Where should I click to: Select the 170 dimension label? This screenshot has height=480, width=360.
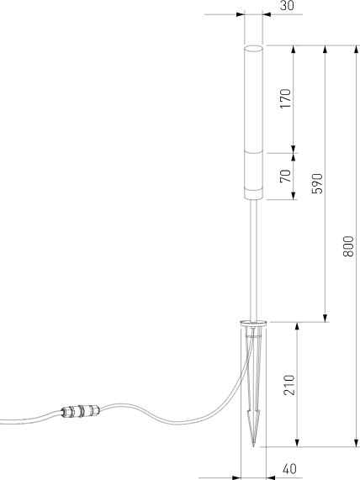tap(285, 98)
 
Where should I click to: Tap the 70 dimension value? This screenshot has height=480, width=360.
tap(285, 176)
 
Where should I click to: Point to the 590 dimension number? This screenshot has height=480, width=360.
tap(317, 184)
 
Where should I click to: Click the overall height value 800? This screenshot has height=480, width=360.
tap(349, 245)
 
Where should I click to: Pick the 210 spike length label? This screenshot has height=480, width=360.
tap(288, 384)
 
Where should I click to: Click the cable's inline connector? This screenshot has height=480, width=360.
tap(80, 412)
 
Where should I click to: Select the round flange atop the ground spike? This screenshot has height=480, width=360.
tap(253, 322)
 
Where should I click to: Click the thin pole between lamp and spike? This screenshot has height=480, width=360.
tap(253, 261)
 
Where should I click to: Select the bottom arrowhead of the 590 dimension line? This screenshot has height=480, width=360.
tap(325, 317)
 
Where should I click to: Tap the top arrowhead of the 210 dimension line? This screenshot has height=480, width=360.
tap(296, 326)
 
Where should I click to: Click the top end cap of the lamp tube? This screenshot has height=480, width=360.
tap(253, 48)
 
